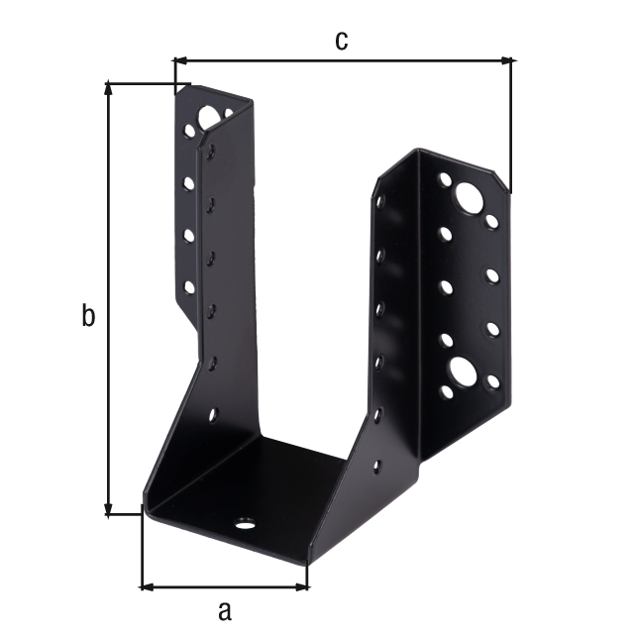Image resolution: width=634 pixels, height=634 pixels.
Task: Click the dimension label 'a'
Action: tap(225, 611)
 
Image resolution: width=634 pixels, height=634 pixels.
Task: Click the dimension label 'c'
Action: tap(341, 41)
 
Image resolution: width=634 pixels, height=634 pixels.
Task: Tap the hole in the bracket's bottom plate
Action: tap(245, 524)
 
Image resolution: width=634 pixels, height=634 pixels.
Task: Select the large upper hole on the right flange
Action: tap(469, 198)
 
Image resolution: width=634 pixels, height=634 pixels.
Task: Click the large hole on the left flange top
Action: tap(208, 117)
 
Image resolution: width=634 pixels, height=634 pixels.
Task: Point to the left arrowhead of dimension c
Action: tap(180, 61)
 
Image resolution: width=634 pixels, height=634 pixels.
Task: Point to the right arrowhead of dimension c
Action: tap(506, 61)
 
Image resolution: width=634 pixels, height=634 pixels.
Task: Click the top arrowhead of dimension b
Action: tap(108, 89)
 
